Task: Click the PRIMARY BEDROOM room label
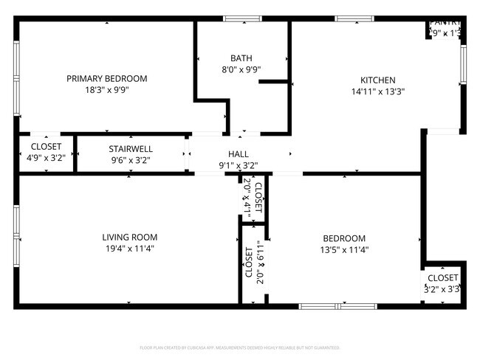(106, 79)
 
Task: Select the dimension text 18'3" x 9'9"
(106, 91)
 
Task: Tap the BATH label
(241, 58)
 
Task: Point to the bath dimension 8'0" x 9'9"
(241, 70)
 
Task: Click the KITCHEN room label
(377, 80)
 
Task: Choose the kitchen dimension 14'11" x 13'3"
(377, 92)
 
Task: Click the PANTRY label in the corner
(446, 23)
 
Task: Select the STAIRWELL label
(131, 148)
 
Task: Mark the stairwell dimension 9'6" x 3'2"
(131, 159)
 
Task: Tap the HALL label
(238, 154)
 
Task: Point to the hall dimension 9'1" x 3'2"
(238, 166)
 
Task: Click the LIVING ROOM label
(130, 238)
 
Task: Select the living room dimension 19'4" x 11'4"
(130, 249)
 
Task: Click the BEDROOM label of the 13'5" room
(344, 238)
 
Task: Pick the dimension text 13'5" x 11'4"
(344, 250)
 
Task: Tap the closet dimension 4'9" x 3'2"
(46, 158)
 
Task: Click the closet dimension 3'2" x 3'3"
(442, 290)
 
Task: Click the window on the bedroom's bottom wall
(337, 305)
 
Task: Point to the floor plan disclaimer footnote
(239, 347)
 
